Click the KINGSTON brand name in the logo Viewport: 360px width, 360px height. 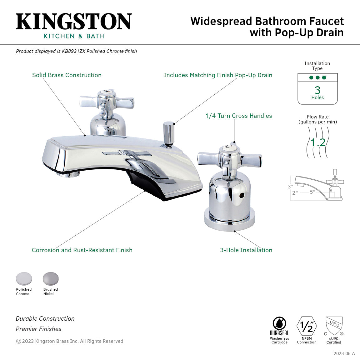tap(74, 22)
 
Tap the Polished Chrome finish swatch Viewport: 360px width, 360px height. tap(24, 279)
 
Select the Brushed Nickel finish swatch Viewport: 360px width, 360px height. tap(51, 279)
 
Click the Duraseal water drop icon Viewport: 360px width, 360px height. tap(279, 323)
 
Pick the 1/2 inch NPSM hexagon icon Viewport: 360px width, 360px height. tap(307, 326)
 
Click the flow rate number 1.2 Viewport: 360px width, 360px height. tap(318, 142)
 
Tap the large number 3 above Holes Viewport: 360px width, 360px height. tap(317, 90)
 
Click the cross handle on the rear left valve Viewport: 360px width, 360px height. tap(107, 101)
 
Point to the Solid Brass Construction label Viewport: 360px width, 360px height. tap(67, 75)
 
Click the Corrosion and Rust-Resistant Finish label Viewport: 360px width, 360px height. tap(82, 250)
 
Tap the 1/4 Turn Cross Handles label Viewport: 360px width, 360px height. tap(238, 116)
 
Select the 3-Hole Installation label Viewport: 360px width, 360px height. tap(246, 250)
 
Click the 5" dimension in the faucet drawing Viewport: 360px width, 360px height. tap(312, 192)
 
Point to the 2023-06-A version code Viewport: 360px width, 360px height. tap(344, 353)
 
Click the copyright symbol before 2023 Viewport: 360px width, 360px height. tap(18, 341)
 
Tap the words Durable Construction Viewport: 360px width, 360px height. tap(45, 318)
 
